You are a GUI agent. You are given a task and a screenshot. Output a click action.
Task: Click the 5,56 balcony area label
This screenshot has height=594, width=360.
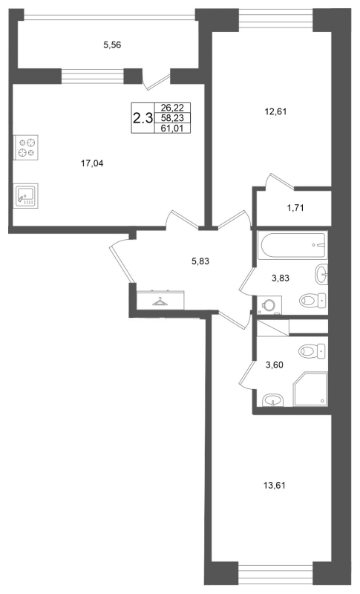112,45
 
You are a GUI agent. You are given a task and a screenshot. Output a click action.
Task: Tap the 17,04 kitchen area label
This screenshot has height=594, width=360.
92,163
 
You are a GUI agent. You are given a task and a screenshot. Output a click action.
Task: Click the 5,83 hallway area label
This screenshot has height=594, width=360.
200,261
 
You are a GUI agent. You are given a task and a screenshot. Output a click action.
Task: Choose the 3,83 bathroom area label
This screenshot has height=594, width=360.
281,278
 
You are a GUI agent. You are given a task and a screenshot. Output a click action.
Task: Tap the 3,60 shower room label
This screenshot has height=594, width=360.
275,365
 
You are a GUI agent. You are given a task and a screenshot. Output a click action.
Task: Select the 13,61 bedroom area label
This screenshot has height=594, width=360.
274,486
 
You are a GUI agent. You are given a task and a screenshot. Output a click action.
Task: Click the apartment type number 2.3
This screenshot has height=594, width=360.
143,119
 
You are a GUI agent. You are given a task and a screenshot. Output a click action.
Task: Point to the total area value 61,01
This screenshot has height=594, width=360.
172,128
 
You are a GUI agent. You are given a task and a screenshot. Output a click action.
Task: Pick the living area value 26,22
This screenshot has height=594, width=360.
172,108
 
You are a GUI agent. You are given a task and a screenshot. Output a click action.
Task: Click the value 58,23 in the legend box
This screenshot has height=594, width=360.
172,118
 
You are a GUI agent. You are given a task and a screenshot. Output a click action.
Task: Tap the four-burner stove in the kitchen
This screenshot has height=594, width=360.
26,147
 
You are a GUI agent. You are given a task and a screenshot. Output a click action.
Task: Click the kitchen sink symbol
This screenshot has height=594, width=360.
26,195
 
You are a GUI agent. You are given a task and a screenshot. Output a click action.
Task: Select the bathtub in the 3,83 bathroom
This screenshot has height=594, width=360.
292,246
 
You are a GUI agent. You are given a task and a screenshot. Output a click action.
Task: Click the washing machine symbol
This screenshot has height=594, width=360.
269,305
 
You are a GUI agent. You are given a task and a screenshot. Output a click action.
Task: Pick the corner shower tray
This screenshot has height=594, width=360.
310,389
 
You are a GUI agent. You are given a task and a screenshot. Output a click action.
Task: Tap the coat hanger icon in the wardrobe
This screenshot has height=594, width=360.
160,301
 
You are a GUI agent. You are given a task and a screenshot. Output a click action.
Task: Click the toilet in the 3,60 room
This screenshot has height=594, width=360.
312,351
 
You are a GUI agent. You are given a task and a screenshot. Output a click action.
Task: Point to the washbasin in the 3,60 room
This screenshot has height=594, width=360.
272,400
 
